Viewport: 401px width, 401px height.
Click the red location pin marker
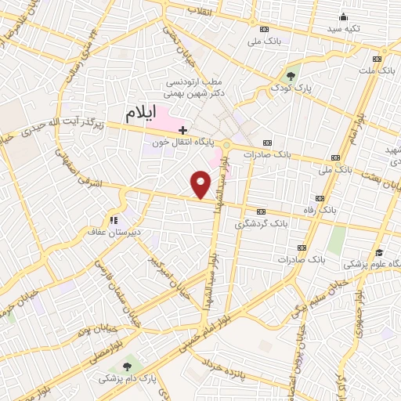click(202, 186)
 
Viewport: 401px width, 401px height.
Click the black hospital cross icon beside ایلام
click(182, 130)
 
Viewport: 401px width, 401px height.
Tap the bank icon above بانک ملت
click(378, 59)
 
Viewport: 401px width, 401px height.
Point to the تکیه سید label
click(341, 28)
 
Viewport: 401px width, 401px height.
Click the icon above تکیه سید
click(341, 17)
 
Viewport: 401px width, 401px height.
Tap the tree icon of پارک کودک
click(291, 76)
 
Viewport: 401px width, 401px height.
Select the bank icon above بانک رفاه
click(320, 197)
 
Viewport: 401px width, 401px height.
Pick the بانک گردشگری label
click(262, 224)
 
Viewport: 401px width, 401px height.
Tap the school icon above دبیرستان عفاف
click(114, 221)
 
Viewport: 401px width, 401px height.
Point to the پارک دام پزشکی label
click(127, 378)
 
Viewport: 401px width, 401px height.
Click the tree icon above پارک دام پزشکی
click(127, 367)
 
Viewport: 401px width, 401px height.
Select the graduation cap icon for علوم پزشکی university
click(379, 252)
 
